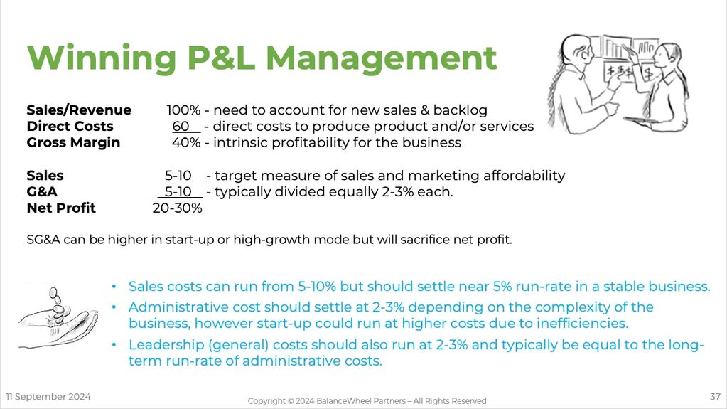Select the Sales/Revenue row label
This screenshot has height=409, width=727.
click(x=79, y=110)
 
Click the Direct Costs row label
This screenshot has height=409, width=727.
click(x=70, y=127)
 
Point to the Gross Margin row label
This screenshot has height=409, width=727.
click(x=73, y=143)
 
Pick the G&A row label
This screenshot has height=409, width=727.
click(x=42, y=192)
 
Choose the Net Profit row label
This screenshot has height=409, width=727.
click(x=61, y=208)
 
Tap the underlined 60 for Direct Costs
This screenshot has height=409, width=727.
click(x=181, y=127)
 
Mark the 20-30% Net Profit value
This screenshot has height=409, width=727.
click(x=177, y=208)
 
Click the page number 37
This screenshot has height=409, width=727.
click(x=715, y=396)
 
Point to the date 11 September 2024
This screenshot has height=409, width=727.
click(x=49, y=396)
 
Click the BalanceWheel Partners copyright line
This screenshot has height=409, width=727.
click(x=367, y=401)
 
